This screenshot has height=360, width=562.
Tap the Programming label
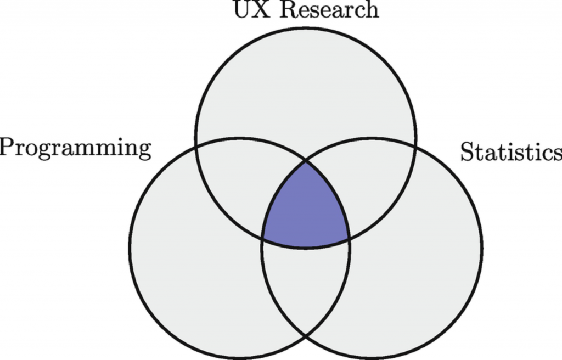75,149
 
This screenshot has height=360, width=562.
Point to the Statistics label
510,152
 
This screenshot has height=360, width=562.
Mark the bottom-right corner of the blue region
349,239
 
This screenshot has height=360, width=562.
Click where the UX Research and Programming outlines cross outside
196,145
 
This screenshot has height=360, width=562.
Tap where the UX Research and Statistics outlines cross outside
415,145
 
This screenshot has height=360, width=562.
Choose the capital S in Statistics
467,152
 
